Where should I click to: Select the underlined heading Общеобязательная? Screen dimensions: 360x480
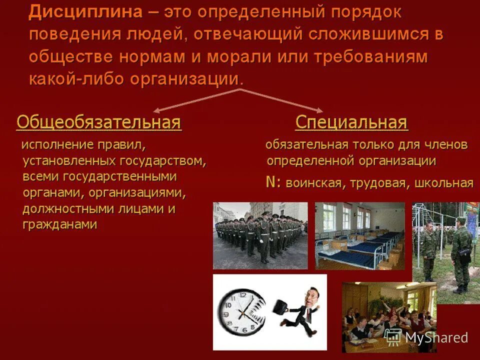tap(98, 122)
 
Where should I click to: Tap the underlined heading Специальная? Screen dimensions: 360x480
tap(351, 122)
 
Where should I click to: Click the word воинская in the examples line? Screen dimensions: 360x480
tap(312, 183)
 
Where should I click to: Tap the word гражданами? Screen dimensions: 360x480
tap(60, 224)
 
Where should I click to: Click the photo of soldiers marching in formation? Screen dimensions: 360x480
tap(260, 235)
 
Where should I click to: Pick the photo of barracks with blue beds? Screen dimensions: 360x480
tap(359, 235)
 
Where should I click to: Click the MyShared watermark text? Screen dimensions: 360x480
tap(436, 337)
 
